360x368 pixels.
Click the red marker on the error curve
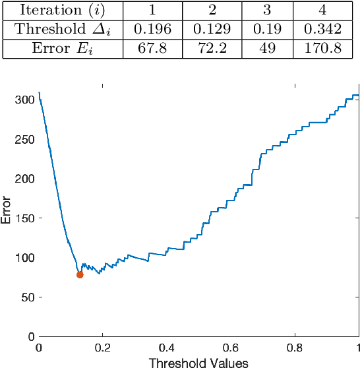[x=80, y=274]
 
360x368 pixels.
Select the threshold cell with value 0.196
[x=154, y=30]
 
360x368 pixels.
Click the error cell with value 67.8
[x=154, y=49]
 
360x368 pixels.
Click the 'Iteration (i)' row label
[x=61, y=11]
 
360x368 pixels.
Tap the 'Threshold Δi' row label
[x=61, y=30]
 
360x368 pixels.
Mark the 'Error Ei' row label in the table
[x=61, y=49]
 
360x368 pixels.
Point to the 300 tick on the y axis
[x=26, y=100]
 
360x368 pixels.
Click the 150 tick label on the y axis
[x=26, y=218]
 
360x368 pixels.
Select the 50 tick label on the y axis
[x=29, y=297]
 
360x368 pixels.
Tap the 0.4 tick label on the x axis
[x=167, y=348]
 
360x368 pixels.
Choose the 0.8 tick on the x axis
[x=295, y=348]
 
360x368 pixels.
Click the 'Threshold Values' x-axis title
[x=198, y=362]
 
